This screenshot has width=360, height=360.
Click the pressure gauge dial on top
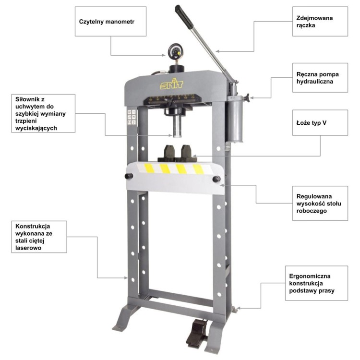tap(176, 51)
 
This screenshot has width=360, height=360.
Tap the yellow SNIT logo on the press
tap(172, 84)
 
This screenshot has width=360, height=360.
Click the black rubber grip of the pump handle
tap(184, 17)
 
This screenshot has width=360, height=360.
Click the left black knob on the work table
tap(129, 176)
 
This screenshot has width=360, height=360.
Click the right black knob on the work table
tap(216, 179)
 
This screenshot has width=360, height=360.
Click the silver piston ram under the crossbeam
tap(177, 126)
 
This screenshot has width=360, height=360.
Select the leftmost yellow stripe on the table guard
tap(149, 168)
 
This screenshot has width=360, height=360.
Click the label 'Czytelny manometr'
tap(107, 22)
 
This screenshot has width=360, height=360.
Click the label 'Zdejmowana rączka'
tap(314, 22)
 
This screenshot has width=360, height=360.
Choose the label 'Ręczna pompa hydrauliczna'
tap(318, 78)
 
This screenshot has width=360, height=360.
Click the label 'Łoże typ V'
tap(312, 123)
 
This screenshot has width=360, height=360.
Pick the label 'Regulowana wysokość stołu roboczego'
tap(319, 204)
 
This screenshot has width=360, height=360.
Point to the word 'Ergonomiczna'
tap(310, 276)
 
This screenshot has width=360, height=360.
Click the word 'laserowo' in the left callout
tap(28, 248)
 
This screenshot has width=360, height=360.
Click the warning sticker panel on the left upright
tap(132, 117)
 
